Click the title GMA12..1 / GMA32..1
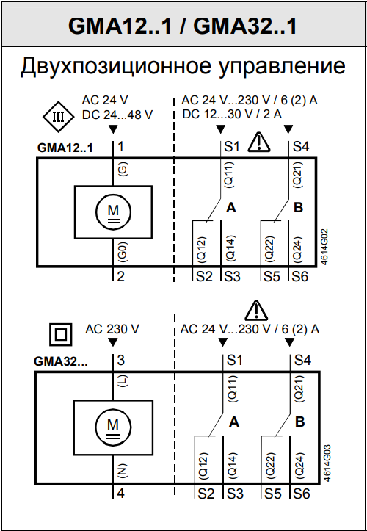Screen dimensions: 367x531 (183, 26)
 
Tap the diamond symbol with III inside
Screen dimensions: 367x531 (58, 118)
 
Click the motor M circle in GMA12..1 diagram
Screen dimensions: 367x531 (114, 212)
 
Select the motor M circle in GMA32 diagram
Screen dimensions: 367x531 (113, 426)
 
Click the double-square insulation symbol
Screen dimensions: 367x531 (61, 335)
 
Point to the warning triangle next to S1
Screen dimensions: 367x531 (259, 142)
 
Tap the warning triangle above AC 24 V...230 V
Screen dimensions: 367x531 (256, 310)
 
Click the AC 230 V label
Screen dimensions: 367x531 (112, 329)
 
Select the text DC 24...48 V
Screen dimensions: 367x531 (117, 115)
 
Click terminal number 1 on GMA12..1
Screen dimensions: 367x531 (120, 147)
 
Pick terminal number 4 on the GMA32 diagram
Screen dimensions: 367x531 (121, 493)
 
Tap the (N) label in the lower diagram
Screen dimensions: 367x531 (123, 471)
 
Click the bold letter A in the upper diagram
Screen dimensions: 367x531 (231, 207)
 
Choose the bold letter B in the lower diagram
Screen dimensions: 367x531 (300, 422)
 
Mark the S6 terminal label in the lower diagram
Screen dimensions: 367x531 (302, 494)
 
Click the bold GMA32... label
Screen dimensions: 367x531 (61, 361)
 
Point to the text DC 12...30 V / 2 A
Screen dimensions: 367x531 (232, 115)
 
